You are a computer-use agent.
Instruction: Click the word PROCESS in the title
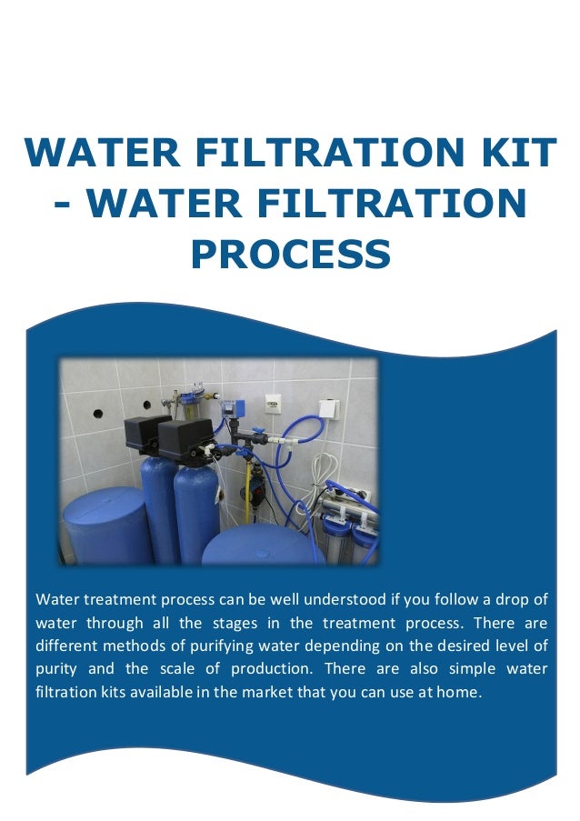(290, 255)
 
